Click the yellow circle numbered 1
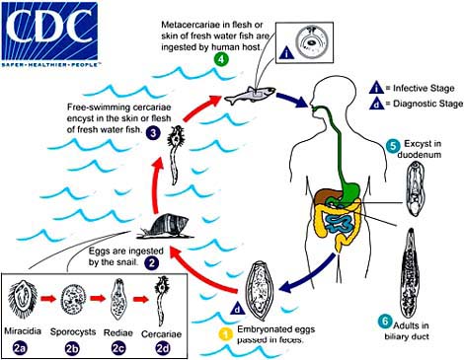252,333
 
